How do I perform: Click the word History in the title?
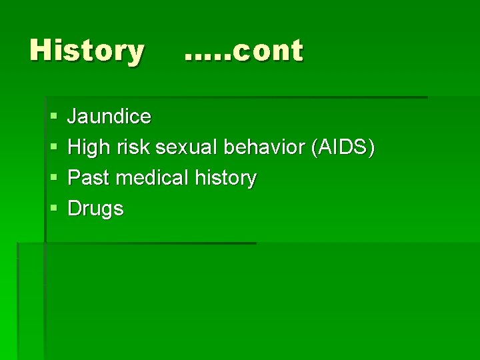click(87, 51)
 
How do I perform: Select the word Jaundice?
click(109, 117)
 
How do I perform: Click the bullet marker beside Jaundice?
click(53, 117)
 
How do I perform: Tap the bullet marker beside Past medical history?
click(53, 179)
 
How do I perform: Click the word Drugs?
click(96, 209)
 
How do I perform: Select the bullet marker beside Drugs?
click(53, 209)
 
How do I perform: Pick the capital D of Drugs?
click(75, 208)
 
